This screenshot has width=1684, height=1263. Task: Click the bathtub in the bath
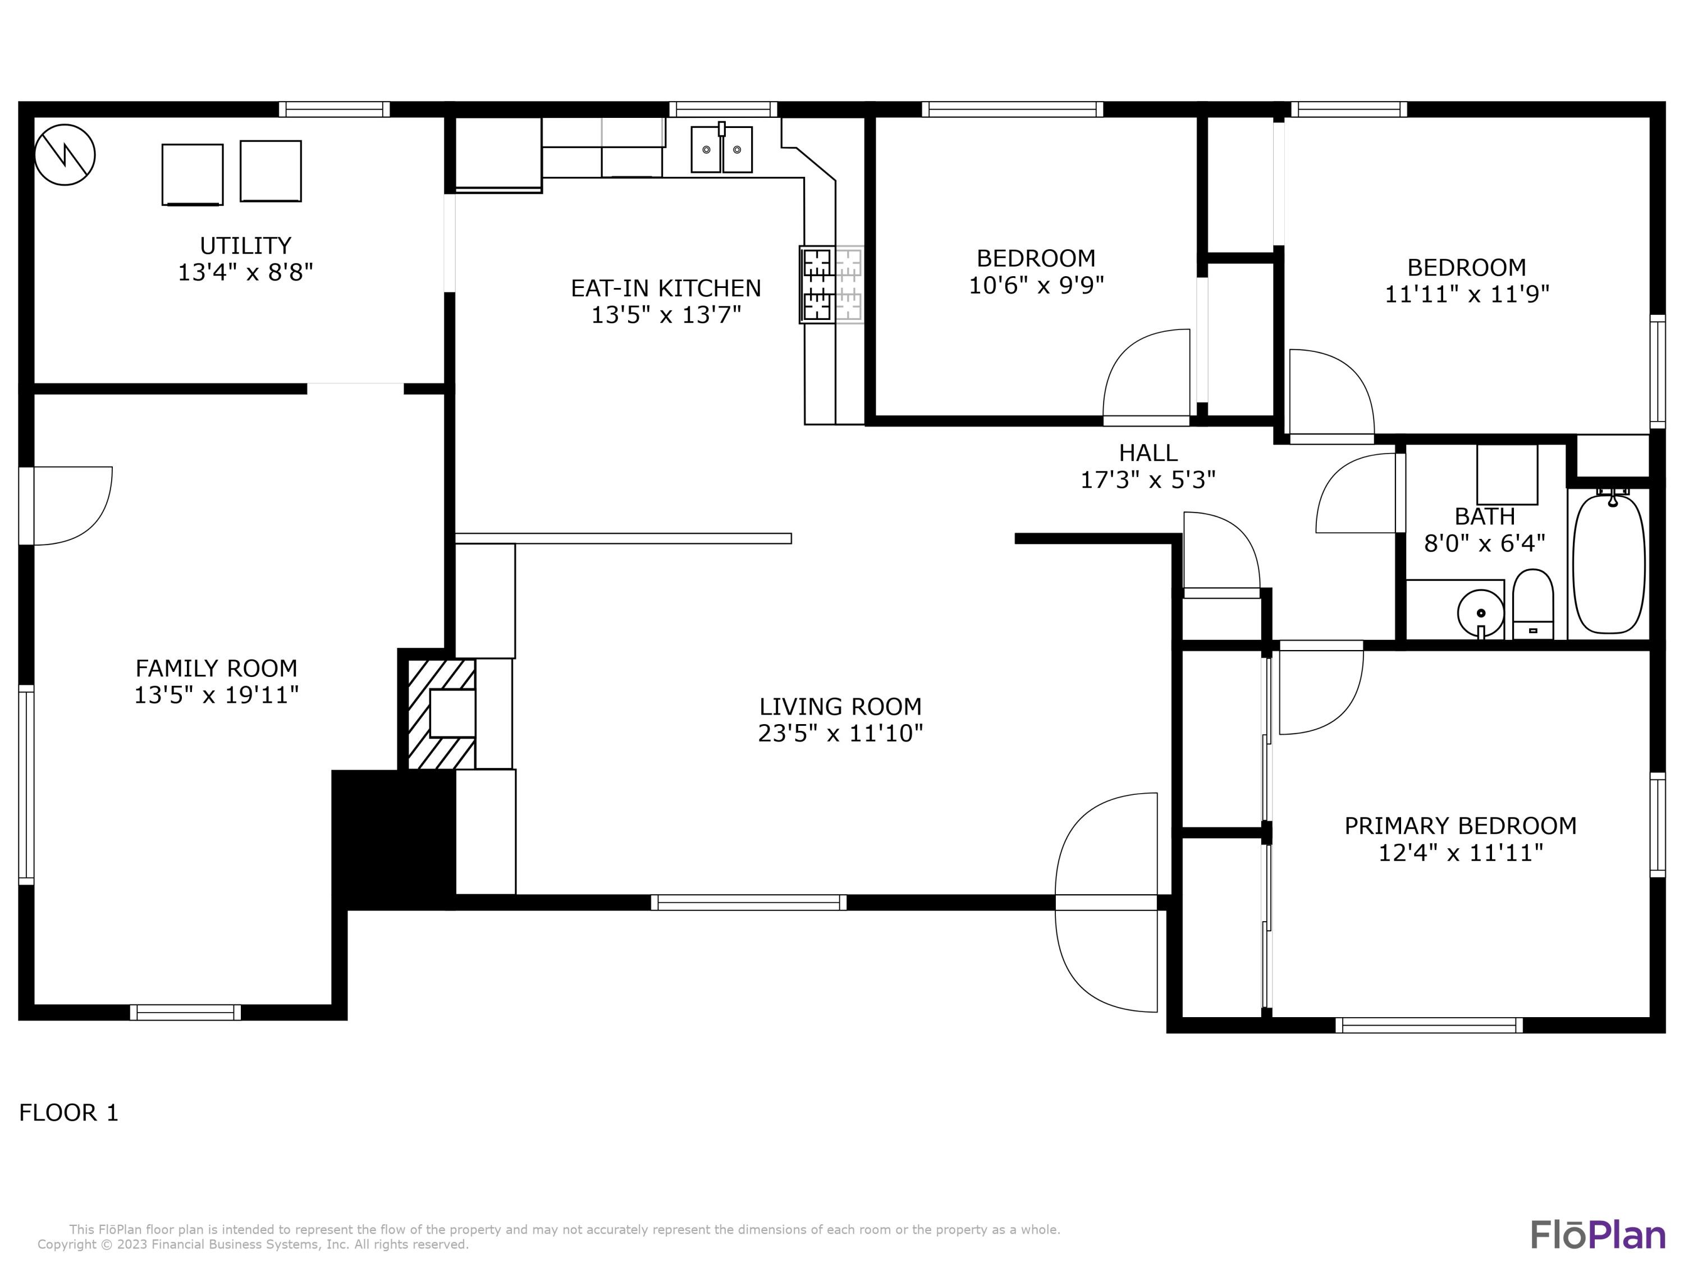[x=1609, y=564]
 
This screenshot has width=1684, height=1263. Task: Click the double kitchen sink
[x=721, y=150]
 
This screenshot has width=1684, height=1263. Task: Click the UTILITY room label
[x=245, y=246]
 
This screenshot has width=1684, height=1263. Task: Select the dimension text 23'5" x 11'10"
[x=840, y=733]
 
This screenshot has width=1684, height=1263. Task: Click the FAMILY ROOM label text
[x=216, y=669]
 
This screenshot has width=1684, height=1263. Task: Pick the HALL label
[x=1148, y=453]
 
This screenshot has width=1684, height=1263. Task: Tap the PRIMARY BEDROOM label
[x=1460, y=826]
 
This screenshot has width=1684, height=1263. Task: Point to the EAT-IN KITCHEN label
[x=666, y=289]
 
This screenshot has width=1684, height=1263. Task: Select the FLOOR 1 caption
[x=68, y=1113]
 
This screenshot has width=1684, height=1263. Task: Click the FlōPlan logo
[x=1597, y=1235]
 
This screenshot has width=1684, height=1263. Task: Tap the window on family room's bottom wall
[x=185, y=1013]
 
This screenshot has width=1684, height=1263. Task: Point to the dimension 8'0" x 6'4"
[x=1485, y=543]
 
